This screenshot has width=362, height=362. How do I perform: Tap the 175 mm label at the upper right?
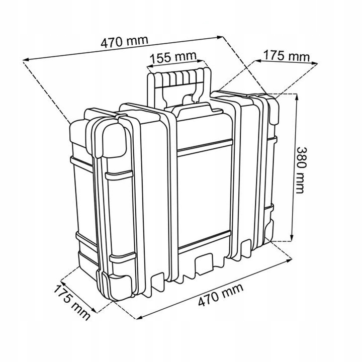pos(287,55)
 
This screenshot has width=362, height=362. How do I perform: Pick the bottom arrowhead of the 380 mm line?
pos(292,240)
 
